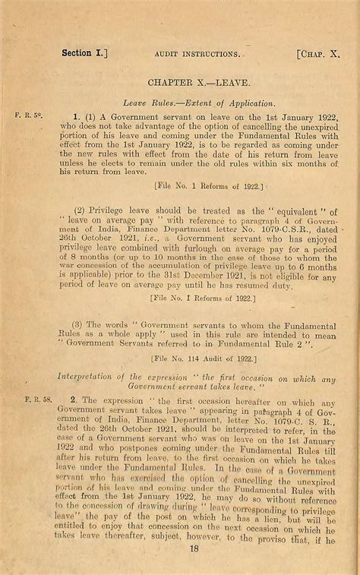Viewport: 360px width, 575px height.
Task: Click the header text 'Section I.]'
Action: [84, 53]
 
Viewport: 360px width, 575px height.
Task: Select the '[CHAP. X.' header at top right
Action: [320, 54]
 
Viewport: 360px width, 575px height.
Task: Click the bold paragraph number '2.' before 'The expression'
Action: [74, 399]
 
